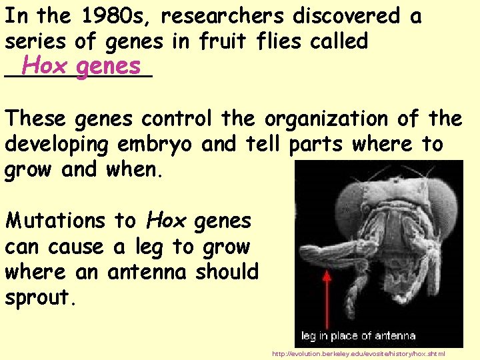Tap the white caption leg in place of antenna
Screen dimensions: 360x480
point(358,335)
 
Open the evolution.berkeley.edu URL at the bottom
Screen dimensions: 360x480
point(359,353)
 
